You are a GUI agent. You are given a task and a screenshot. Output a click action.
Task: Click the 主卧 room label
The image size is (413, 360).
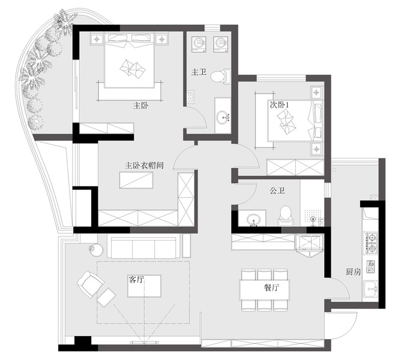140,106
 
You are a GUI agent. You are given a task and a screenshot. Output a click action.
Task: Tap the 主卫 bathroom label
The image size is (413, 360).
199,72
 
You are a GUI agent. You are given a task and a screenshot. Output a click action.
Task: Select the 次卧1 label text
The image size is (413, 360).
279,104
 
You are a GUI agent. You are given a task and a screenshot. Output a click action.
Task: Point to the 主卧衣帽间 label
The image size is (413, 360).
144,166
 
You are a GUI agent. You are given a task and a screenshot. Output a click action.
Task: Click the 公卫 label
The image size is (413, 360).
277,190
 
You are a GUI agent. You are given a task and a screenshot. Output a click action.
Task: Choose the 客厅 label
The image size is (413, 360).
136,279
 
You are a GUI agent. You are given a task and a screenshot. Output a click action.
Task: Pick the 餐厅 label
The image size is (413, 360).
271,287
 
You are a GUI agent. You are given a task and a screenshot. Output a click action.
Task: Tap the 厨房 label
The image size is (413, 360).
353,272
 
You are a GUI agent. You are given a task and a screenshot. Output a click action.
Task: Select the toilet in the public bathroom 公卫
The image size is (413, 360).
286,216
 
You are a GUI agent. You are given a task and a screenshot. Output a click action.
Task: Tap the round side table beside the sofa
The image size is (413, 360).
96,250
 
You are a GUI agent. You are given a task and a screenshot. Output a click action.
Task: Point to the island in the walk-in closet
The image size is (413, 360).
136,180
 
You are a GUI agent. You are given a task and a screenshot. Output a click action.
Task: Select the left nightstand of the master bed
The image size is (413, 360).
97,39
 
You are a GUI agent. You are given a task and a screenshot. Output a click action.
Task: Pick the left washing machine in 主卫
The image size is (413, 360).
199,44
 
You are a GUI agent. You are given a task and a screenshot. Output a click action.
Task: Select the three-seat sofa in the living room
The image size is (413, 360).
144,248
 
